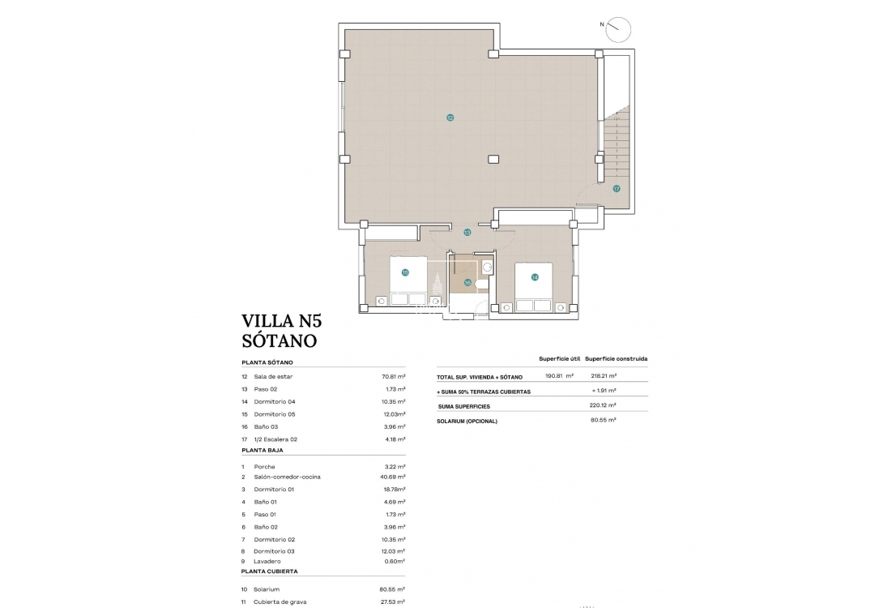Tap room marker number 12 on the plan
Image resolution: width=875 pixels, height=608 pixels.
click(450, 118)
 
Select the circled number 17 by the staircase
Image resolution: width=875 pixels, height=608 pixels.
click(616, 188)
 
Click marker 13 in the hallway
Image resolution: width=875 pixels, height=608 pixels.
click(467, 233)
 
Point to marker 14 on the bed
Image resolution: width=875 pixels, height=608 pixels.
click(535, 277)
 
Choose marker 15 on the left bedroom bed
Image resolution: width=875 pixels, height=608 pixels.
click(405, 273)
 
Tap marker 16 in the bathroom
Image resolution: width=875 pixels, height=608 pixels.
click(467, 282)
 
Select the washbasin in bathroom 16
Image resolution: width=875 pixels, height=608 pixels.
click(487, 267)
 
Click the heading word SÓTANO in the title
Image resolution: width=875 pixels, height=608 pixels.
click(279, 341)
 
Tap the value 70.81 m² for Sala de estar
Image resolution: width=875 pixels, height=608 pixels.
click(393, 377)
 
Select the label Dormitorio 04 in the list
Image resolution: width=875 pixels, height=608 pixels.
click(275, 402)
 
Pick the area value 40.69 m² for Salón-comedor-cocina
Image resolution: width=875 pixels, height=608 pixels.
click(393, 477)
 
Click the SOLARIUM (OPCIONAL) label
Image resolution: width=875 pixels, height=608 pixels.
click(467, 421)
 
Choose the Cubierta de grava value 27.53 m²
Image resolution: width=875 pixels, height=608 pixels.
click(393, 602)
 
